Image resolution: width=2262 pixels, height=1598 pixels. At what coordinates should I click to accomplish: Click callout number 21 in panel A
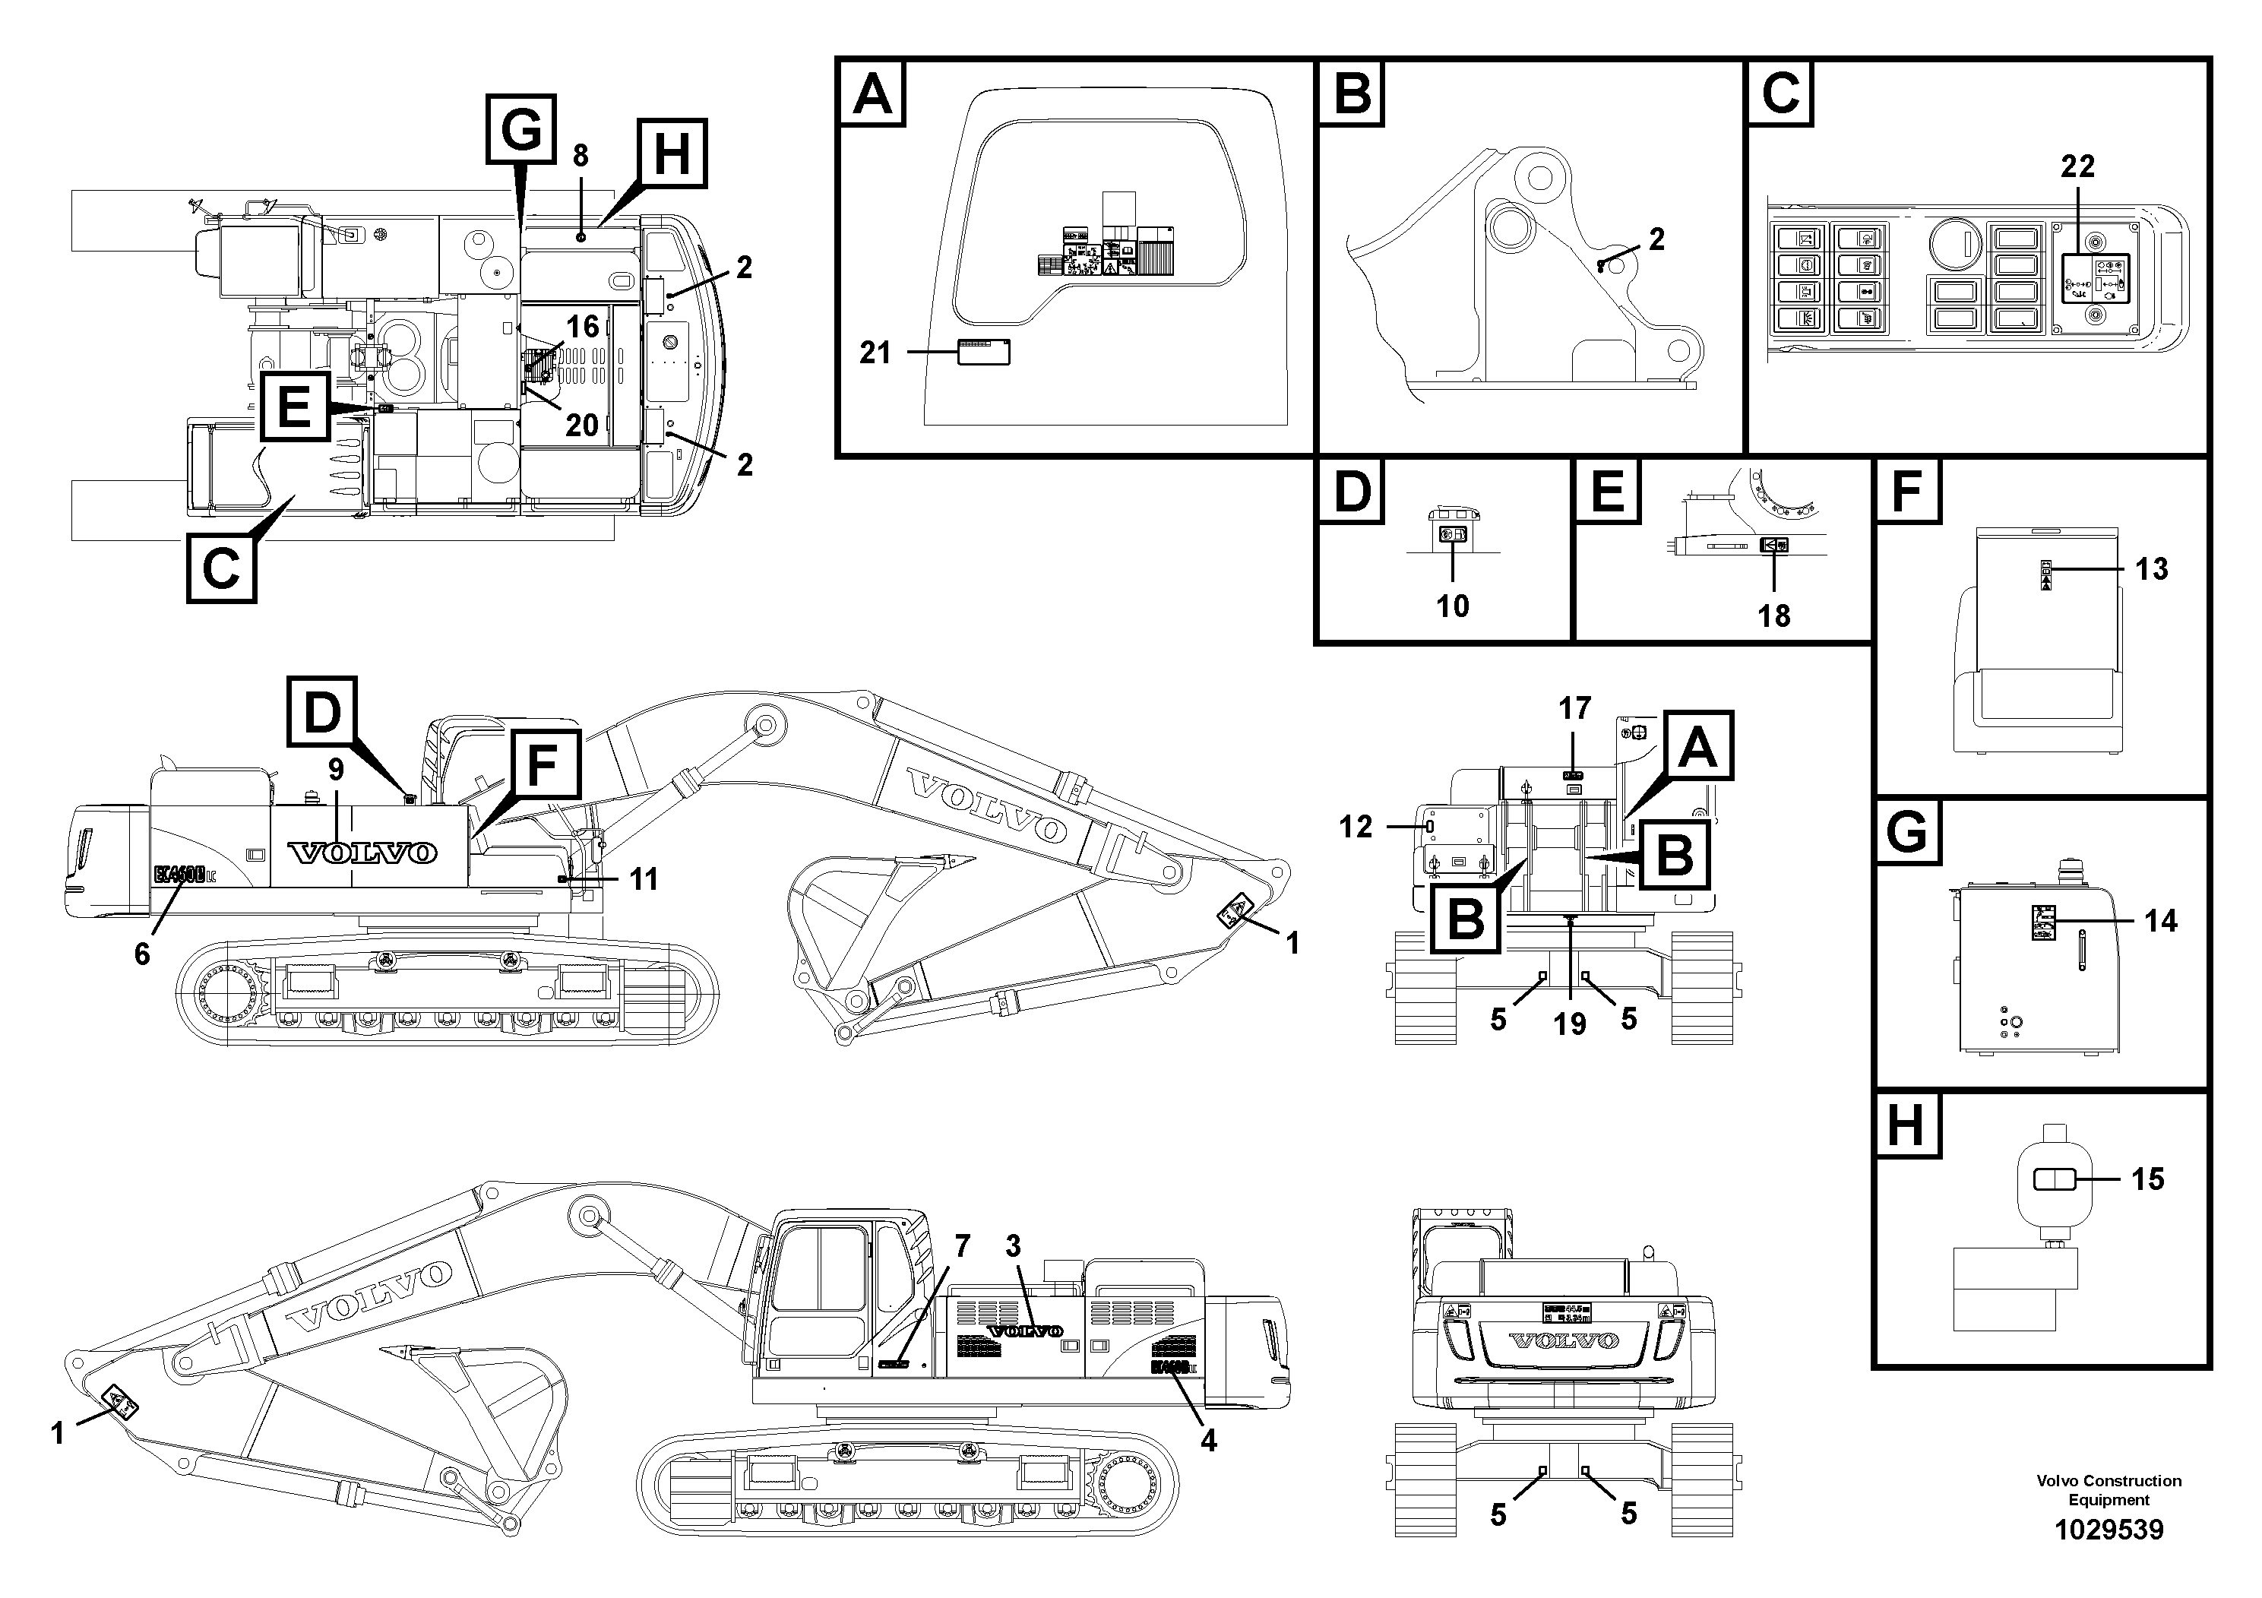(x=874, y=352)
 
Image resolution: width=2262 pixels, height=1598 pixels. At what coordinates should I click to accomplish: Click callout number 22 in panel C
(x=2077, y=167)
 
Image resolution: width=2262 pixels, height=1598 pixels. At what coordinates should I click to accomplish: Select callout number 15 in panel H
(x=2148, y=1179)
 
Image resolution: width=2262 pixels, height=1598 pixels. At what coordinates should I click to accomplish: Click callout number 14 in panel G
(x=2160, y=920)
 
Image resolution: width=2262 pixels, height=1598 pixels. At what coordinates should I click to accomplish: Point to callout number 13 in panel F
(x=2152, y=568)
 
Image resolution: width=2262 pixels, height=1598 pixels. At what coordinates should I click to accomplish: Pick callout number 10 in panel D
(x=1452, y=605)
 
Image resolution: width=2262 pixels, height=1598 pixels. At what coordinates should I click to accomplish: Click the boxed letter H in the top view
(x=672, y=153)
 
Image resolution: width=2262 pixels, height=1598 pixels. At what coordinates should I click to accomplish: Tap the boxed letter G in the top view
(x=521, y=128)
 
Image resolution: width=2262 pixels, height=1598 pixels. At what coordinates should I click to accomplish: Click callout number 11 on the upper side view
(x=644, y=879)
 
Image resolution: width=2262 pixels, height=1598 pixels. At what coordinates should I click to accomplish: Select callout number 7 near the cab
(x=961, y=1245)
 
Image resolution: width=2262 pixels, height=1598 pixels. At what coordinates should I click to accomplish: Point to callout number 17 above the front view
(x=1574, y=707)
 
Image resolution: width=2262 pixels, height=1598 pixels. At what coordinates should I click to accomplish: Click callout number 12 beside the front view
(x=1355, y=827)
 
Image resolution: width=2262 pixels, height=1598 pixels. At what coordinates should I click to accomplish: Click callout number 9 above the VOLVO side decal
(x=336, y=770)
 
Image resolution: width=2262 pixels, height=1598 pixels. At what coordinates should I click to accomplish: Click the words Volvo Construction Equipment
(x=2109, y=1489)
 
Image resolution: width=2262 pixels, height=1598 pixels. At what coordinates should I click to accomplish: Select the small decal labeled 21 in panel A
(x=983, y=352)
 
